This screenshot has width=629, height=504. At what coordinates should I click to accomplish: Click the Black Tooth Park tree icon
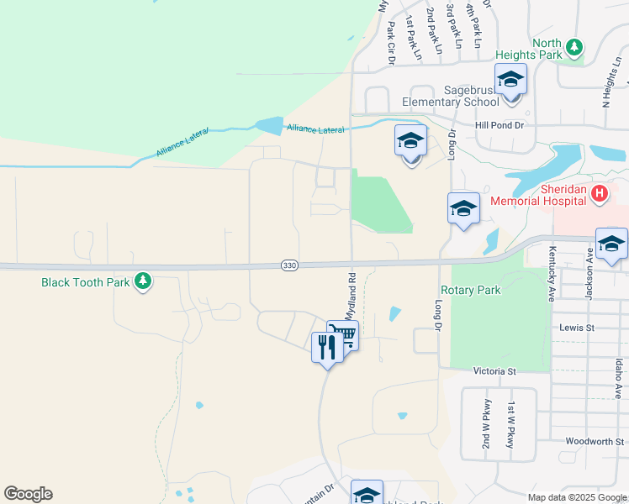[144, 281]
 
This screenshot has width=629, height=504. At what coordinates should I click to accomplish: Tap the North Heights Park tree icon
[574, 47]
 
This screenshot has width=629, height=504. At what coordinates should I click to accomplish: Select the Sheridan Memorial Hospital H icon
[599, 195]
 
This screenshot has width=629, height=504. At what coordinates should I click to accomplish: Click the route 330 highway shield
[289, 265]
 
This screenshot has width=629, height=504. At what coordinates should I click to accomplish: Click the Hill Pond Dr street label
[499, 125]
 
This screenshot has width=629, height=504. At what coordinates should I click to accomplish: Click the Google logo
[28, 494]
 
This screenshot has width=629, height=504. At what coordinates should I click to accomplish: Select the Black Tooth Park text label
[86, 282]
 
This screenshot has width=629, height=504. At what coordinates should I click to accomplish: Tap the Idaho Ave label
[618, 379]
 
